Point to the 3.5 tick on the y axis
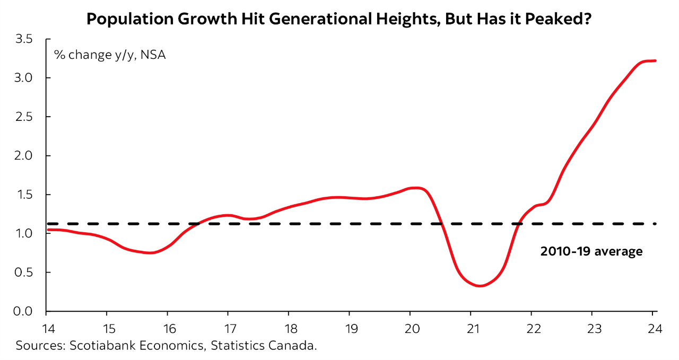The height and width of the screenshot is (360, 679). pyautogui.click(x=24, y=39)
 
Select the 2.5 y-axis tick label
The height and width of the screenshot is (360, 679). pyautogui.click(x=24, y=117)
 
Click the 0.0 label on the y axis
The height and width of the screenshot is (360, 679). pyautogui.click(x=24, y=312)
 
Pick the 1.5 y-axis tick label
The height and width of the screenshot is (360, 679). pyautogui.click(x=24, y=195)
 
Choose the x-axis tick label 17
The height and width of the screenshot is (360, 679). pyautogui.click(x=228, y=328)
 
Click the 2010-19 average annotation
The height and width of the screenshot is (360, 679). pyautogui.click(x=591, y=251)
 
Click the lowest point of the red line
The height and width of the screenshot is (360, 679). pyautogui.click(x=480, y=286)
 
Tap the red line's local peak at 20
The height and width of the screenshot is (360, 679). pyautogui.click(x=416, y=188)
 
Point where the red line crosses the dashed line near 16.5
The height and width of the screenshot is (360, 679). pyautogui.click(x=196, y=224)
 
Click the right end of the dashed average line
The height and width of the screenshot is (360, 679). pyautogui.click(x=656, y=224)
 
